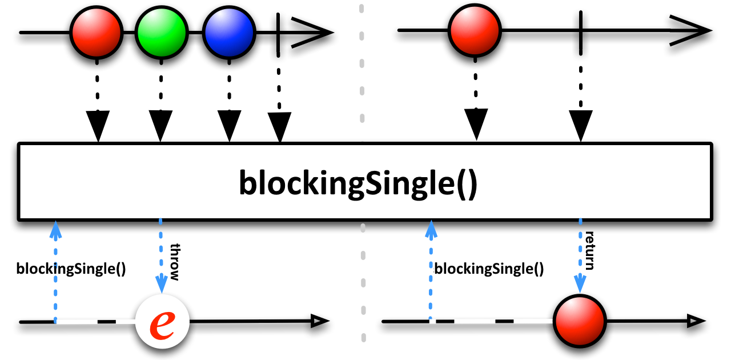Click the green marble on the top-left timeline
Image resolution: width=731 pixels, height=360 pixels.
(x=162, y=33)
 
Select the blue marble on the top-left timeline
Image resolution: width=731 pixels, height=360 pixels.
(x=229, y=33)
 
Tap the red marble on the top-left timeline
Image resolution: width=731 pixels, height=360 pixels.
(x=97, y=33)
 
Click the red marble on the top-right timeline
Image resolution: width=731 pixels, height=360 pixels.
(x=475, y=30)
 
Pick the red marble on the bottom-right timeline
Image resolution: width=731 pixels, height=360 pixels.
(x=580, y=321)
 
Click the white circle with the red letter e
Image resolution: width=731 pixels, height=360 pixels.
(x=162, y=321)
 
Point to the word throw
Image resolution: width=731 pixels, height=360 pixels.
(x=175, y=262)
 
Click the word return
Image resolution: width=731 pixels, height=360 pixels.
(x=589, y=250)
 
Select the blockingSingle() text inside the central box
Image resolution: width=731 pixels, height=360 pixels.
(x=358, y=183)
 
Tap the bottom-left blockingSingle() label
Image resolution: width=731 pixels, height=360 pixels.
(x=71, y=269)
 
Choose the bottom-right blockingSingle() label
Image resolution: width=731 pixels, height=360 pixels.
(x=489, y=269)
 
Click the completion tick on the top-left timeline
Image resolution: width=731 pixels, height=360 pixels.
(x=278, y=35)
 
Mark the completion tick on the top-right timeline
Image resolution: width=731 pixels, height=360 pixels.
(x=581, y=33)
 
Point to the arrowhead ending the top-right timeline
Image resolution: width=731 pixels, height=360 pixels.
(x=690, y=30)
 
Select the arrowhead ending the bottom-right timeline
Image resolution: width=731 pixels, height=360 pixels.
(x=696, y=321)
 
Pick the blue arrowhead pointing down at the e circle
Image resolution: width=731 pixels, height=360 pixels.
(x=161, y=283)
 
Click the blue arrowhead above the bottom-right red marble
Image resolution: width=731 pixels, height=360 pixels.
(x=580, y=283)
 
